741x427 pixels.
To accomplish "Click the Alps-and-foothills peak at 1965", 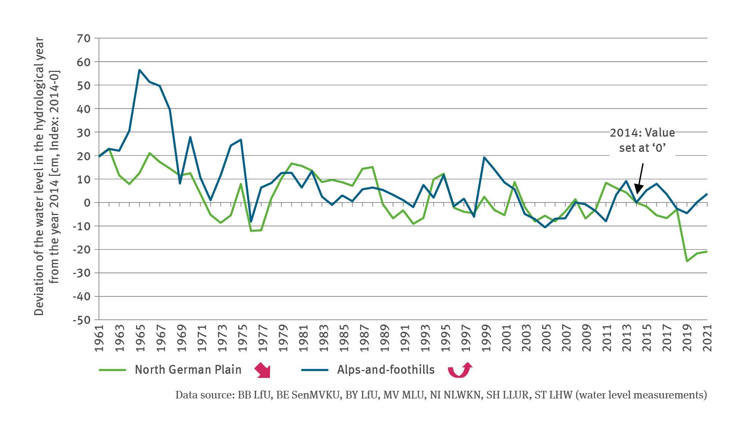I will coord(140,70).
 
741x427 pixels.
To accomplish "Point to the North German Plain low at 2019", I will coord(687,261).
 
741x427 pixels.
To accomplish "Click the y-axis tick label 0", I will coord(87,202).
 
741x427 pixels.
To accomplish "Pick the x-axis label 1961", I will coord(99,338).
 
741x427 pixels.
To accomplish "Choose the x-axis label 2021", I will coord(707,338).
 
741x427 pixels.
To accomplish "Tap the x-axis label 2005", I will coord(545,338).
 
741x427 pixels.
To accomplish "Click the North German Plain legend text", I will coord(188,370).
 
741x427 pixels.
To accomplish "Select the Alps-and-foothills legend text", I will coord(386,370).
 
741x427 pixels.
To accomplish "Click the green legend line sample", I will coord(112,370).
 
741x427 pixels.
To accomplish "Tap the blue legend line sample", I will coord(314,370).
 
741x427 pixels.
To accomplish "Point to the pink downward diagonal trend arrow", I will coord(263,370).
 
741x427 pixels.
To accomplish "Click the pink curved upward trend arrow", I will coord(460,370).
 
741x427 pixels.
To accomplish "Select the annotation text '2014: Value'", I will coord(642,133).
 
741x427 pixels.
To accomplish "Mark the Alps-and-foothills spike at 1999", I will coord(484,158).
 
